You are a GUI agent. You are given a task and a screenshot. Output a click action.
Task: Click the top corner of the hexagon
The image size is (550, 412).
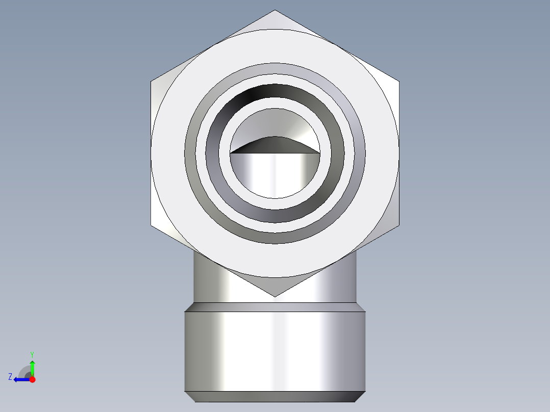[274, 10]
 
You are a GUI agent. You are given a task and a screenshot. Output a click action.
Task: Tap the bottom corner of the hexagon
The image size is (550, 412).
[274, 297]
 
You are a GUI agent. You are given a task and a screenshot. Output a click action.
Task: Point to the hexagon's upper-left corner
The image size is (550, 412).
[151, 82]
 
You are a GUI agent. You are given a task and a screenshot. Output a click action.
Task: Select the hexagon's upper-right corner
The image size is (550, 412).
[399, 82]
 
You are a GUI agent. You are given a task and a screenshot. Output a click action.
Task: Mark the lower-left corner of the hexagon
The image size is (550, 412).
[151, 225]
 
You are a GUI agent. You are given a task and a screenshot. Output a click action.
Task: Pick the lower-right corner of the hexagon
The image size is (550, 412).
[399, 225]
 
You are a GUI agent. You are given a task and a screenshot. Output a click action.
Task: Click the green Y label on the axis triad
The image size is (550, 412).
[32, 354]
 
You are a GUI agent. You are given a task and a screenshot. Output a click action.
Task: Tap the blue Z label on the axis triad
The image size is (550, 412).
[10, 377]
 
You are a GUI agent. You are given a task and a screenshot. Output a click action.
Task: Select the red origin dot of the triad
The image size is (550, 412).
[32, 379]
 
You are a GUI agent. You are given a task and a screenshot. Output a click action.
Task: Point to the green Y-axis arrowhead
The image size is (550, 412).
[32, 363]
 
